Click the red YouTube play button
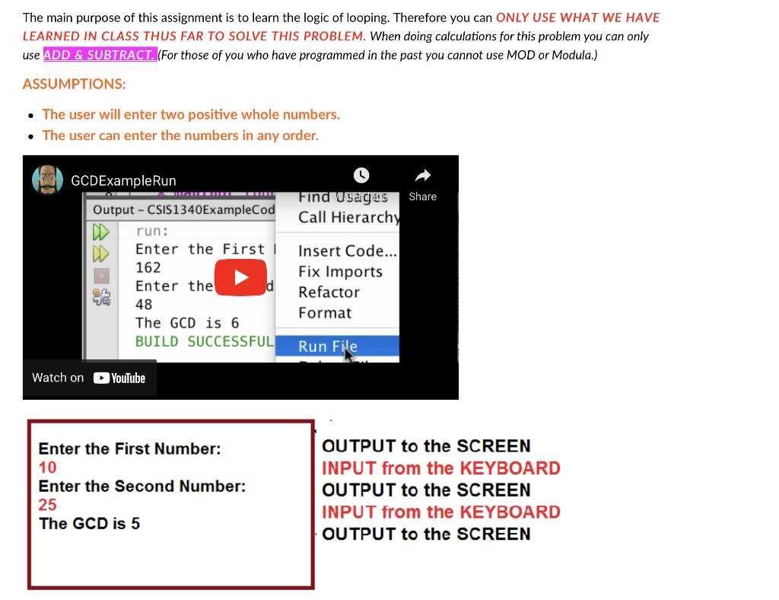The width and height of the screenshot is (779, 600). point(240,276)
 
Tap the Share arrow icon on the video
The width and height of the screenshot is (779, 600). point(422,177)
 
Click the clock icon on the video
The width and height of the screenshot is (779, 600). point(361,175)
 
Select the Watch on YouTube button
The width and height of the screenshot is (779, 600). point(89,378)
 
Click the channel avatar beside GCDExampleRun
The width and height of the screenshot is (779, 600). point(47,180)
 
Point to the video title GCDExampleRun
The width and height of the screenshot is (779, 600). point(123,180)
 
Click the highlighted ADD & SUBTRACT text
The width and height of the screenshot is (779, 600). point(100,55)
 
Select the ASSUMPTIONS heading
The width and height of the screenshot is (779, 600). point(74,84)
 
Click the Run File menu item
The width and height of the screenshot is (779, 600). point(328,346)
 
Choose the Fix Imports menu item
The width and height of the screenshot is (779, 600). point(340,272)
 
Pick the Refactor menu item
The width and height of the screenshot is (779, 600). point(329,292)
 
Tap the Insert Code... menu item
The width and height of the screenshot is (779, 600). point(347,251)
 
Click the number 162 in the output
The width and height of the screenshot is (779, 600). point(148,267)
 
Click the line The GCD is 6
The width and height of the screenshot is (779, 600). point(187,323)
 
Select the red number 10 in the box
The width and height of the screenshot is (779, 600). point(47,468)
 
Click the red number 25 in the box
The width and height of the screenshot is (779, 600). point(47,505)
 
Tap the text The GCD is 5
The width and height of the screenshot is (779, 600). point(89,523)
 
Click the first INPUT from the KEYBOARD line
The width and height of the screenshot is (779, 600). point(440,468)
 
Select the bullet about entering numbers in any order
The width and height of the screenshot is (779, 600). point(180,136)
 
